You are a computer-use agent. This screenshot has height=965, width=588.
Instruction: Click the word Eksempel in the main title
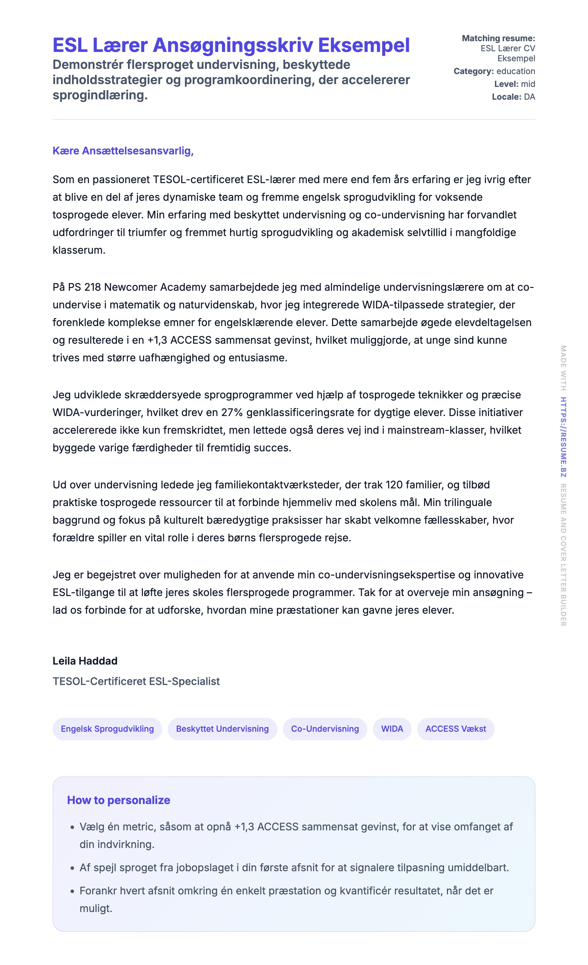click(364, 45)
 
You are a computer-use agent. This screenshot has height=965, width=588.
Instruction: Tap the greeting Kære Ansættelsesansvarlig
click(123, 151)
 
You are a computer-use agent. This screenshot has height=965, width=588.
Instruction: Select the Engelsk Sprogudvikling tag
click(107, 729)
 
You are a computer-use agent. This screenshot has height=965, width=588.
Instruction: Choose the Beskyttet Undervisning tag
click(222, 729)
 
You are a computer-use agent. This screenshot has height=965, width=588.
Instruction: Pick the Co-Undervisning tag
click(325, 729)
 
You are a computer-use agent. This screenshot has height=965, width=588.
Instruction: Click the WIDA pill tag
click(392, 729)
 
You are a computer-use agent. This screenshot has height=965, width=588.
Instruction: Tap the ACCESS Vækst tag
click(456, 729)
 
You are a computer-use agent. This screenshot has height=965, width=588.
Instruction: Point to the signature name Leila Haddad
click(85, 661)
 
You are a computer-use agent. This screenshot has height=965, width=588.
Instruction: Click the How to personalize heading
click(119, 800)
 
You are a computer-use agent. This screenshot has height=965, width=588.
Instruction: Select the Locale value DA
click(529, 97)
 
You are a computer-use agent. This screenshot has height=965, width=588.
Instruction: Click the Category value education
click(516, 71)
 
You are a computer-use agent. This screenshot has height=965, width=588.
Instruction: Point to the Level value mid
click(528, 84)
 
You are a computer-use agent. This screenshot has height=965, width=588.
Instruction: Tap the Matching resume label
click(498, 38)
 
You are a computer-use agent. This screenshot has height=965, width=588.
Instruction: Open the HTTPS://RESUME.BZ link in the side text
click(563, 437)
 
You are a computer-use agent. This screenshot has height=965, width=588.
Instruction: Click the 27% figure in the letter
click(232, 412)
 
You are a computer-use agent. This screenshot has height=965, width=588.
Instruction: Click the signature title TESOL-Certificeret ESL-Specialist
click(136, 682)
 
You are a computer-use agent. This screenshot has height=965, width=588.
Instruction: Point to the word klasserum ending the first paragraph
click(79, 250)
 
